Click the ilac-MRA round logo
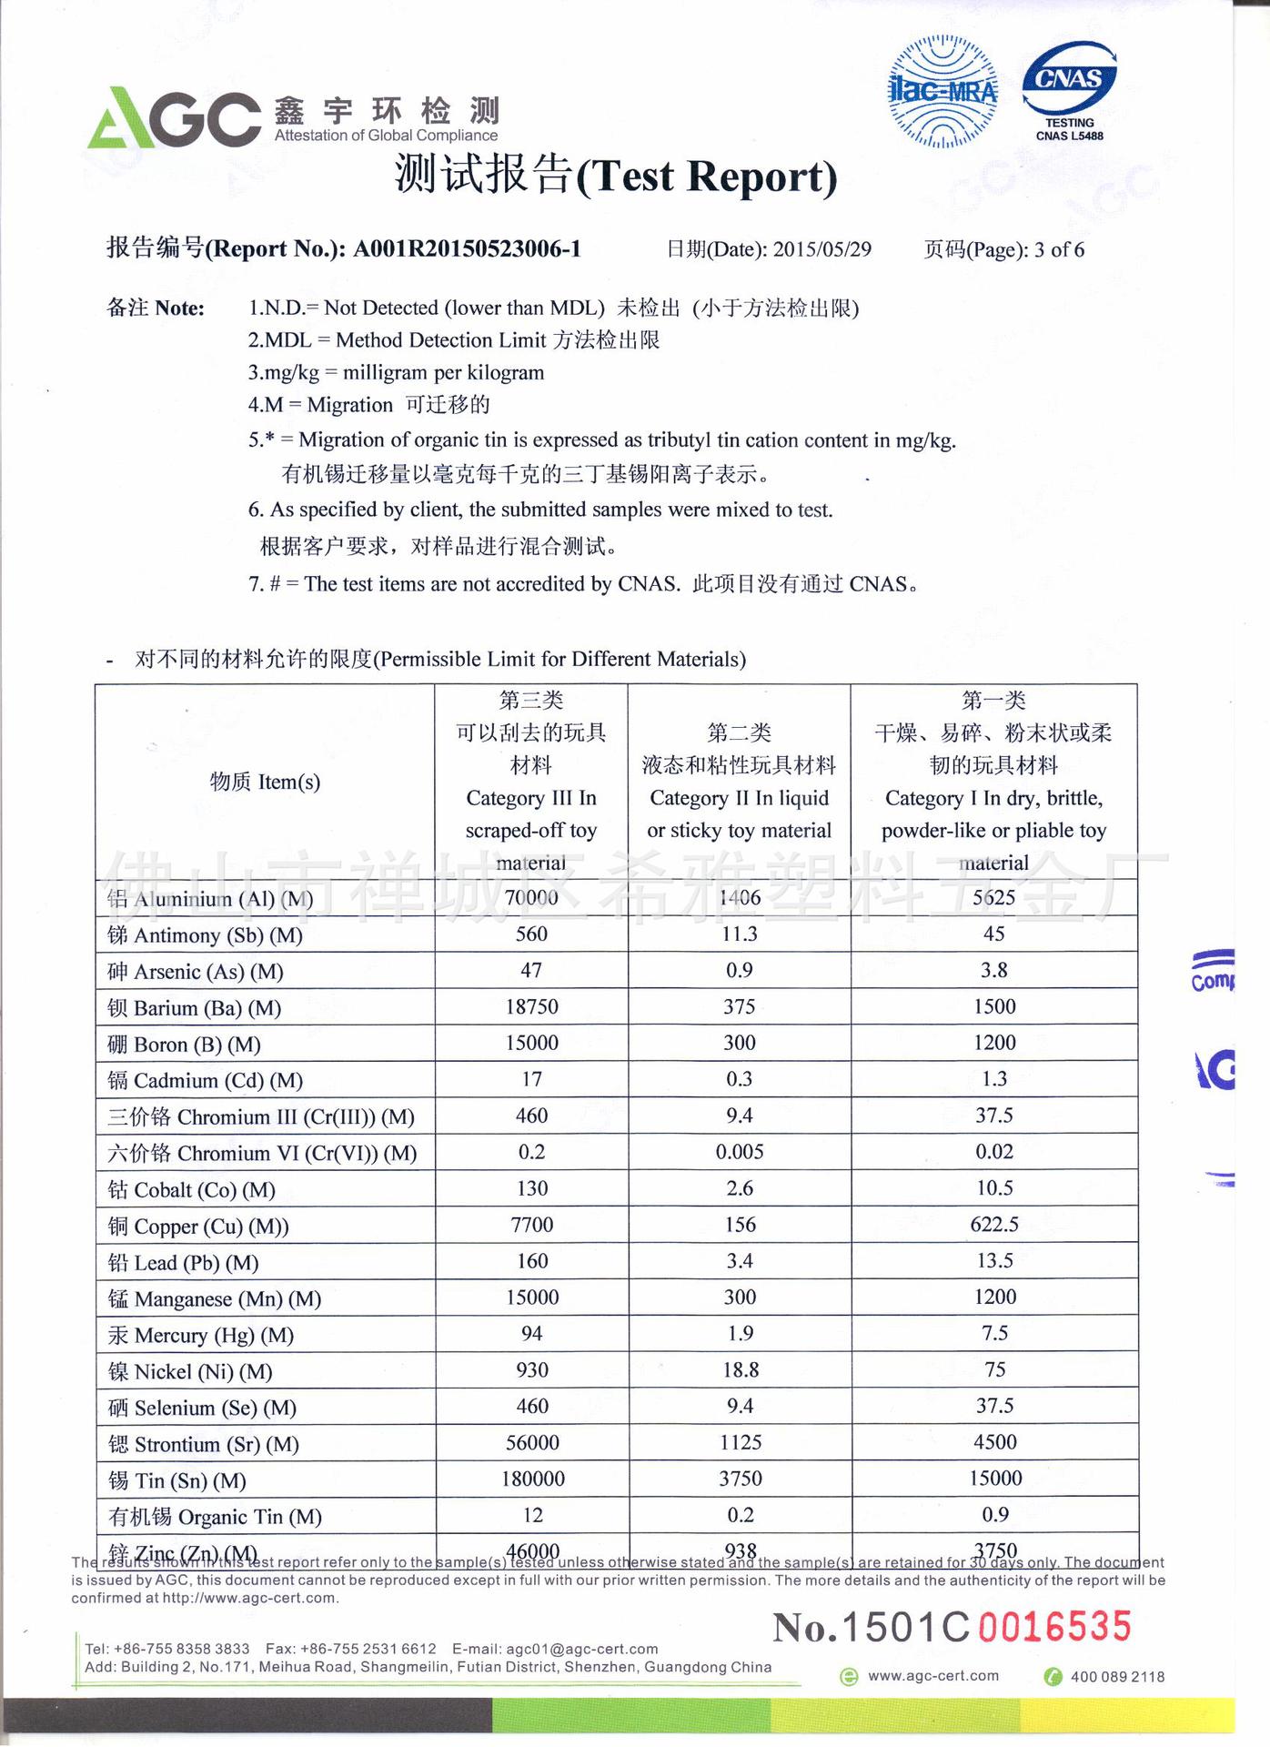pos(942,92)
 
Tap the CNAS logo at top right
pos(1070,89)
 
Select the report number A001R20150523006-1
pos(467,249)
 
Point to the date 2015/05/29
pos(821,249)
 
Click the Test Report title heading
pos(616,175)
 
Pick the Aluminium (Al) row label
pos(210,899)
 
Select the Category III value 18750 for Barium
pos(531,1006)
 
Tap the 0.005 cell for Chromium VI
pos(739,1152)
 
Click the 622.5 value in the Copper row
pos(993,1225)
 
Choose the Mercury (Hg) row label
pos(201,1335)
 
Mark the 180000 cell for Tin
pos(532,1479)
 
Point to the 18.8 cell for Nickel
pos(740,1370)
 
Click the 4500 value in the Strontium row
pos(994,1442)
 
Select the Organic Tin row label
pos(215,1517)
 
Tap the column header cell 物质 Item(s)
pos(265,782)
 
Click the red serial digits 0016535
pos(1054,1627)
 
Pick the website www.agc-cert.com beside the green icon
pos(932,1676)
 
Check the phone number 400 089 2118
pos(1116,1677)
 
